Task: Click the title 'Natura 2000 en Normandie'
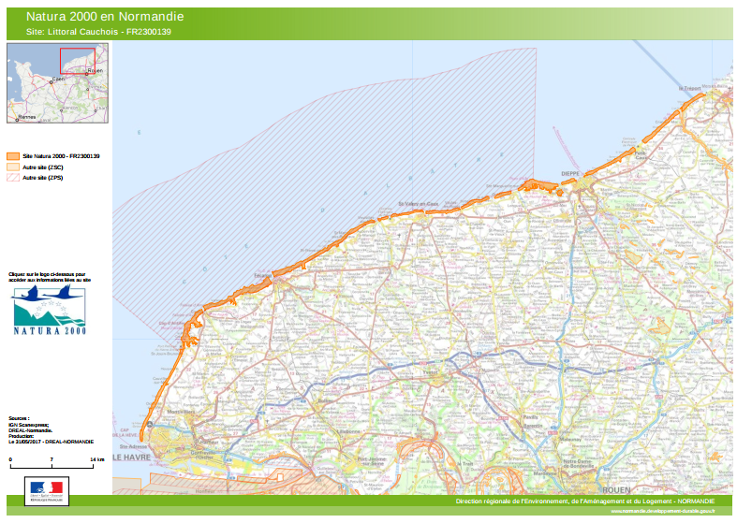pyautogui.click(x=104, y=17)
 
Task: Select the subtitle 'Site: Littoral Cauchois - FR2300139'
pyautogui.click(x=98, y=33)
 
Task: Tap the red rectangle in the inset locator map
pyautogui.click(x=80, y=60)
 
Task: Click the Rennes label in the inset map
pyautogui.click(x=27, y=118)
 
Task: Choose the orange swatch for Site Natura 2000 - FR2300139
pyautogui.click(x=12, y=155)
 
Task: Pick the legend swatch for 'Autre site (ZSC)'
pyautogui.click(x=12, y=167)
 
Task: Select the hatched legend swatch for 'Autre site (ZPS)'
pyautogui.click(x=12, y=177)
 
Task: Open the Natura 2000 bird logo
pyautogui.click(x=49, y=311)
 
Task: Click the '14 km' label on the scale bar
pyautogui.click(x=97, y=461)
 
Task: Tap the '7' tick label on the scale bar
pyautogui.click(x=52, y=461)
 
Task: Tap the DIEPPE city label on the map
pyautogui.click(x=571, y=173)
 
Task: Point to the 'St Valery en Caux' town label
pyautogui.click(x=419, y=203)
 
